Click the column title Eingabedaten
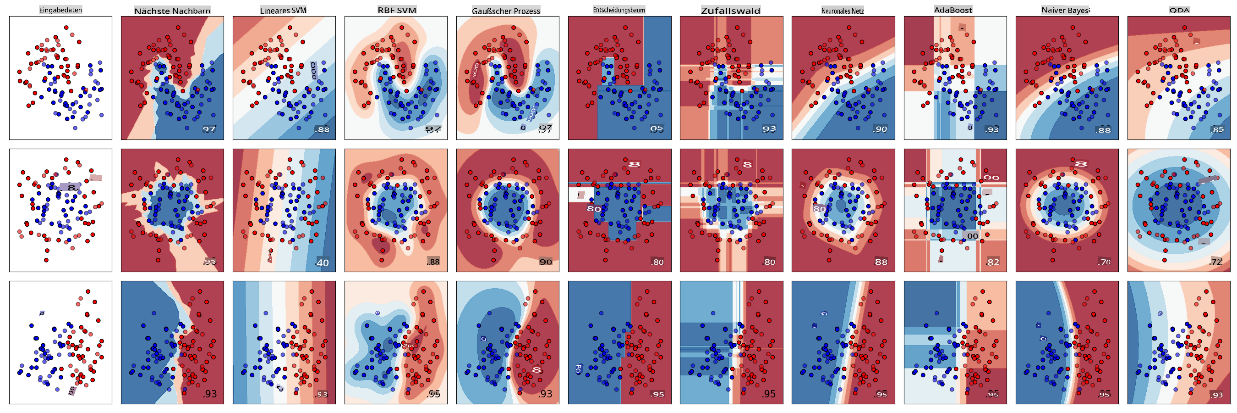(60, 10)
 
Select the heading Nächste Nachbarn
(172, 11)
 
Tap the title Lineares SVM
(283, 10)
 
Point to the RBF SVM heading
(397, 10)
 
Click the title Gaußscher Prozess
(506, 11)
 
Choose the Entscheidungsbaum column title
(619, 10)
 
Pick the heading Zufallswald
(730, 11)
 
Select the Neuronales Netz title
(842, 11)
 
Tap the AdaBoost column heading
(953, 10)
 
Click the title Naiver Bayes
(1066, 10)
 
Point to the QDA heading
(1179, 10)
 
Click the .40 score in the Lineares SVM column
(322, 263)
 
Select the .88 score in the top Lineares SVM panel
(322, 129)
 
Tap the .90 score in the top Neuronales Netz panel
(880, 129)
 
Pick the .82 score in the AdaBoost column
(992, 262)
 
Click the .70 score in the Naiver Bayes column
(1104, 262)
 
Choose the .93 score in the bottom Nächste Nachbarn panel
(209, 394)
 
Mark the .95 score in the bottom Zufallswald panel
(768, 394)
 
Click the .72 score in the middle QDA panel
(1216, 262)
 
